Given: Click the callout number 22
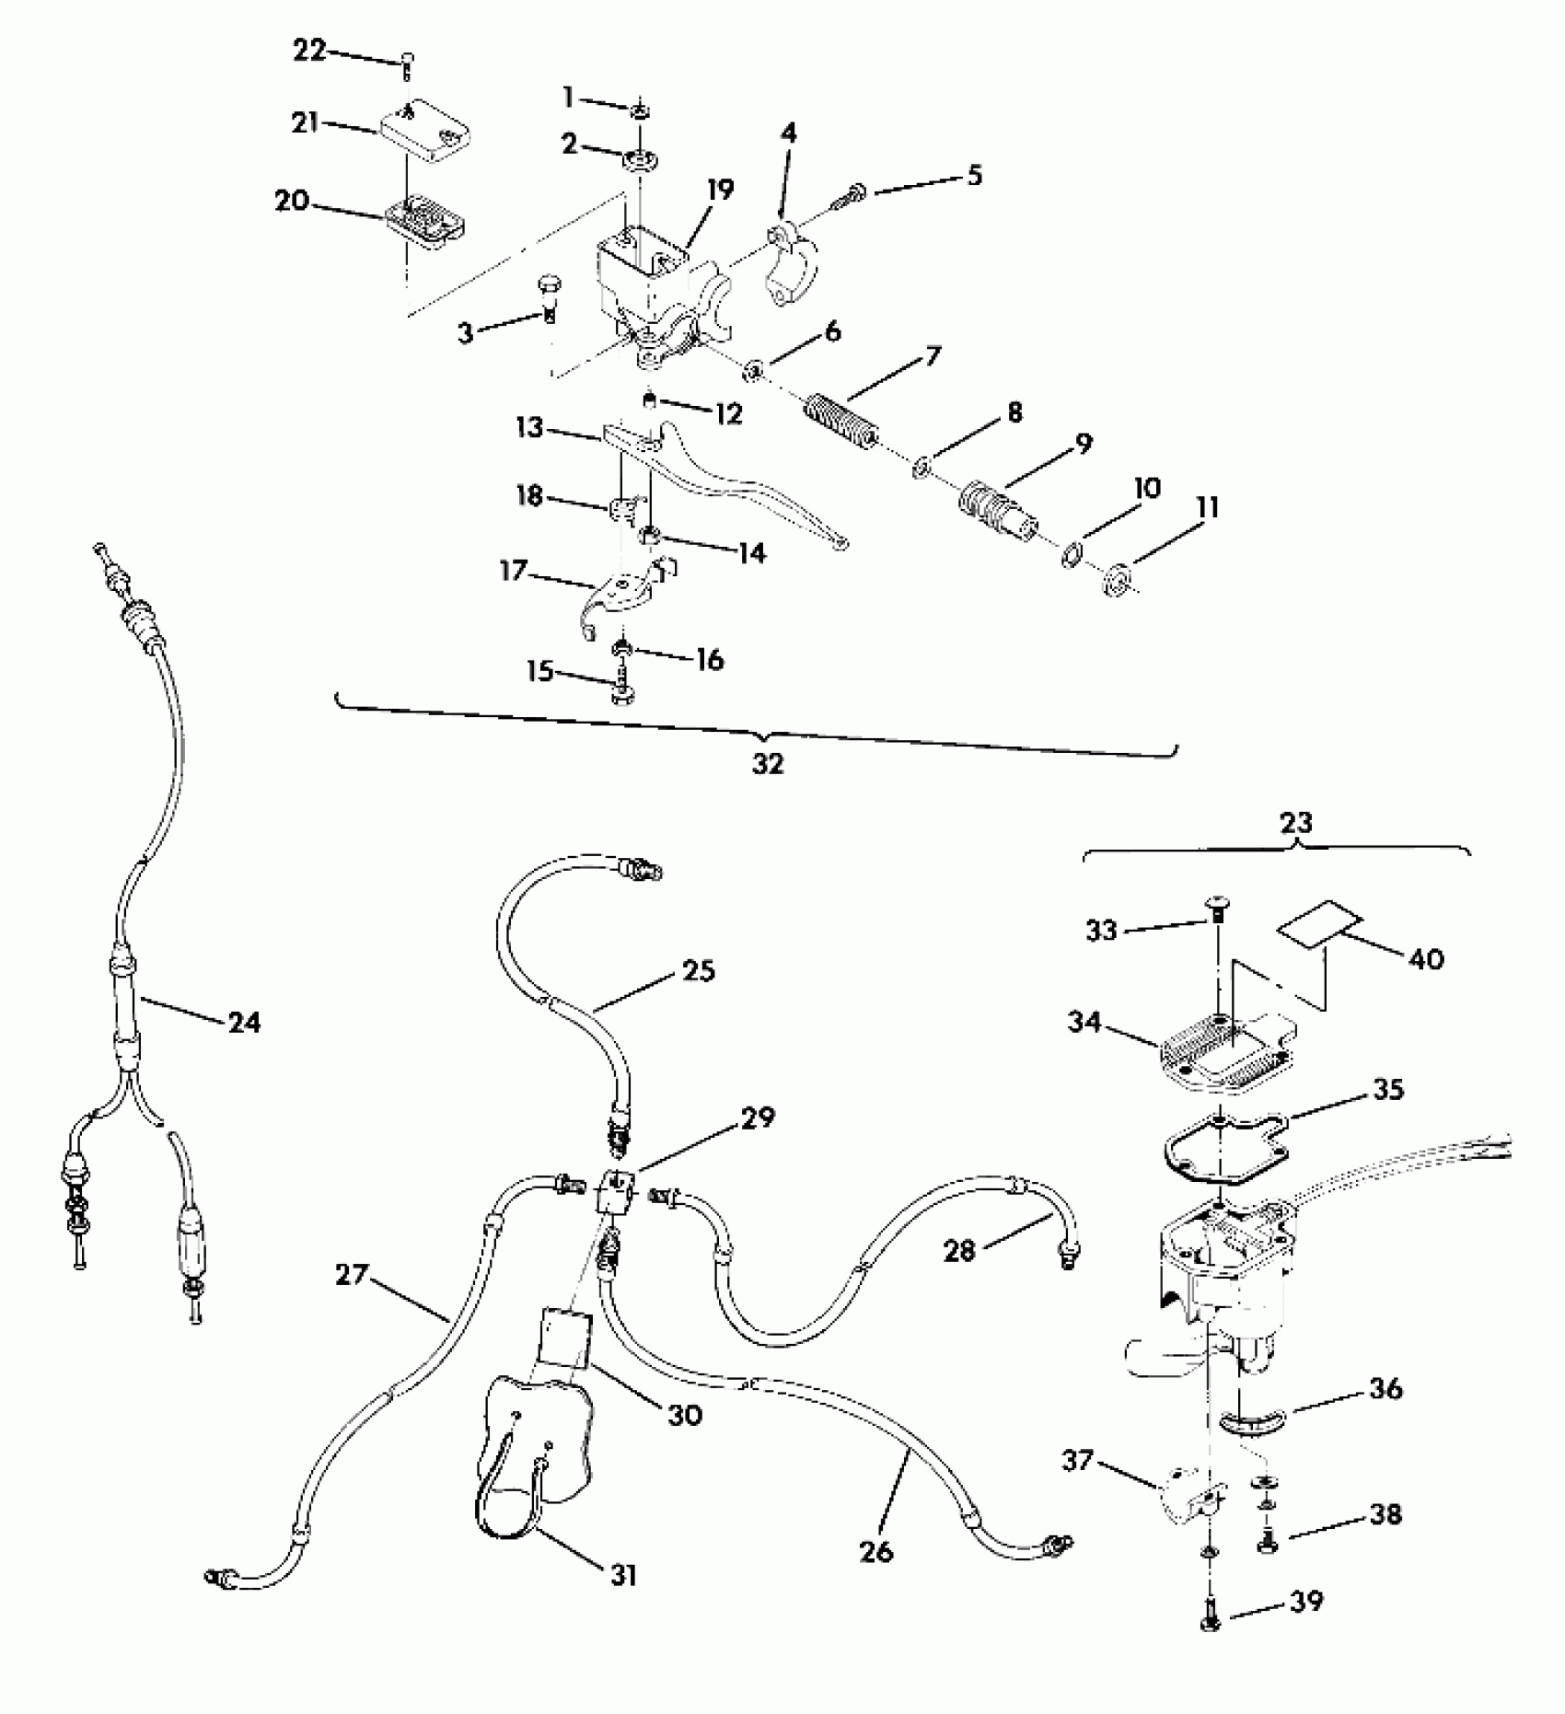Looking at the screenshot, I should click(309, 51).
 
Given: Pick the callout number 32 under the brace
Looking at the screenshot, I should click(768, 764).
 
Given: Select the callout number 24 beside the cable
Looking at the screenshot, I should click(244, 1022).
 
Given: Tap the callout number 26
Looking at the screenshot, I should click(876, 1551).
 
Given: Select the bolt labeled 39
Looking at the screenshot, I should click(1211, 1627).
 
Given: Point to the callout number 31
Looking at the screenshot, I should click(623, 1575).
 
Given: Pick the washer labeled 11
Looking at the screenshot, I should click(1117, 578).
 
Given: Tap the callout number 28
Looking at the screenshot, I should click(959, 1250).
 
